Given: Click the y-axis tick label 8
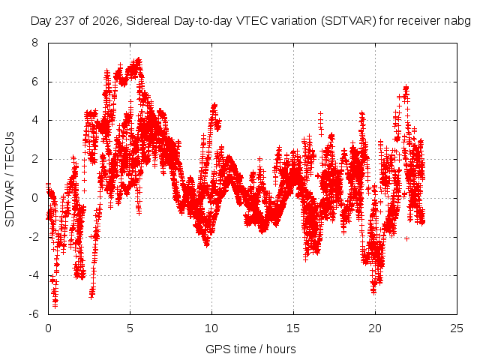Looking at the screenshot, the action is (x=34, y=43).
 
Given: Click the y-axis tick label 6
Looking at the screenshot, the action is (x=34, y=82).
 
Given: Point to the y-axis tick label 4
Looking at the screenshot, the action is (x=34, y=120).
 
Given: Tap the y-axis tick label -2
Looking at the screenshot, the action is (x=34, y=236).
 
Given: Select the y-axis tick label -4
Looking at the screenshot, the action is (x=34, y=275).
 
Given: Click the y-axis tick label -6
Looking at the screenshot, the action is (x=34, y=313).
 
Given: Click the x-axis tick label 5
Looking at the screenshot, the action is (x=130, y=328).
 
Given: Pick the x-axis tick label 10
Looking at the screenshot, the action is (x=211, y=328).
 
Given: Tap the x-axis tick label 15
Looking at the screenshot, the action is (x=293, y=328).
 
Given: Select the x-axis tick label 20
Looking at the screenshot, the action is (x=375, y=328).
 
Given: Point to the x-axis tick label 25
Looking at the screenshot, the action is (x=457, y=328).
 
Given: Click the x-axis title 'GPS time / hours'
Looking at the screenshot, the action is (x=250, y=349).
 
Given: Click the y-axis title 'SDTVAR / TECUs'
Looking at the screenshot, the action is (x=10, y=179).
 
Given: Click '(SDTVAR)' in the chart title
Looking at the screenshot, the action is (x=349, y=21).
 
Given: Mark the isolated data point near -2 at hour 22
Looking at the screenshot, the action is (x=406, y=238).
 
